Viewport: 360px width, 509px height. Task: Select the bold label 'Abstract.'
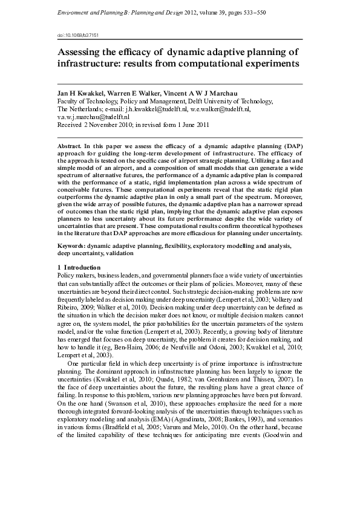(69, 147)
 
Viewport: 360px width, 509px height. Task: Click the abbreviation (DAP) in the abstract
(292, 147)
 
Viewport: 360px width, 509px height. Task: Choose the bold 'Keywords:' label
(71, 247)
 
